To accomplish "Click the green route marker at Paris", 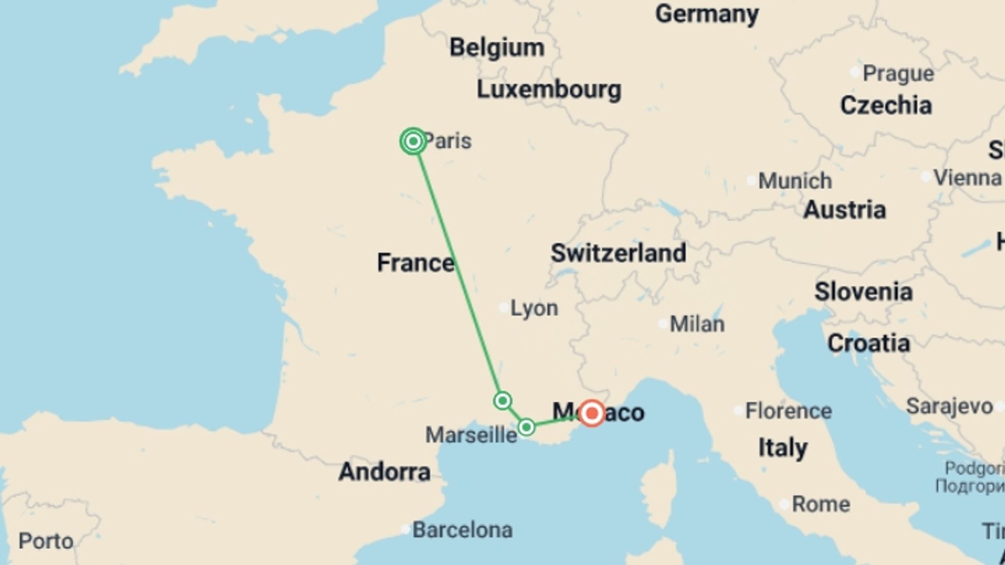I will [413, 141].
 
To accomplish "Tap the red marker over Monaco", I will [592, 413].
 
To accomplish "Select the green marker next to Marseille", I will [526, 427].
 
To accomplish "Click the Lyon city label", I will [534, 308].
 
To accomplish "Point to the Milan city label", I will [697, 324].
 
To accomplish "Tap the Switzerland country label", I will [618, 253].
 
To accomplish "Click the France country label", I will [416, 263].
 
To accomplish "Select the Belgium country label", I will [497, 48].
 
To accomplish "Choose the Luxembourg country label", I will [549, 89].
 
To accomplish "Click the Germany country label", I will [707, 14].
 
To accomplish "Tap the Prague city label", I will [898, 74].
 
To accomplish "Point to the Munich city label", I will [795, 181].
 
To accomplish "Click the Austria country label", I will [844, 210].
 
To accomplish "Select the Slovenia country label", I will [863, 292].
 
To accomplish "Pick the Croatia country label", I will [868, 343].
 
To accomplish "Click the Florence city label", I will [788, 411].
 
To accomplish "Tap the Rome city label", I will [820, 504].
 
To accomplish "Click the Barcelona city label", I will [462, 530].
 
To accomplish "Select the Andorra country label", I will [384, 472].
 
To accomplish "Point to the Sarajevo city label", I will [949, 406].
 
